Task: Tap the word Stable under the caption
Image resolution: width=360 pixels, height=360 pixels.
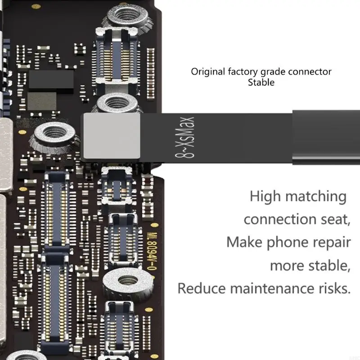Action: (261, 82)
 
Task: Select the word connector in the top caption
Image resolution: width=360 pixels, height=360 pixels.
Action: (310, 72)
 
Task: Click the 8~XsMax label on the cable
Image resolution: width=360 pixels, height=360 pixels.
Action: (184, 137)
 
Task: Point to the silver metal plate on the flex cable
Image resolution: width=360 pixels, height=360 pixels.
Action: (112, 136)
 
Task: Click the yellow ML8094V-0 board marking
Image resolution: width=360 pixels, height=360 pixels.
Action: (152, 252)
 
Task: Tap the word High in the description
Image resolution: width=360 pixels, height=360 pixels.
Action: (265, 197)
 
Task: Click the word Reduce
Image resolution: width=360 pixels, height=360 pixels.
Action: (202, 288)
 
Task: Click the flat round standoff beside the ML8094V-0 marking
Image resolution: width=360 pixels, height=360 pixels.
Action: (128, 282)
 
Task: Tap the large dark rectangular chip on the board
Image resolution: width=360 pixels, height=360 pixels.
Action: (51, 79)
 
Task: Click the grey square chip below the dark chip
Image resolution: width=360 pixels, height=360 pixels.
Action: (42, 101)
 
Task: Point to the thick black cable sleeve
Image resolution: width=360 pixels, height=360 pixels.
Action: (326, 137)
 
